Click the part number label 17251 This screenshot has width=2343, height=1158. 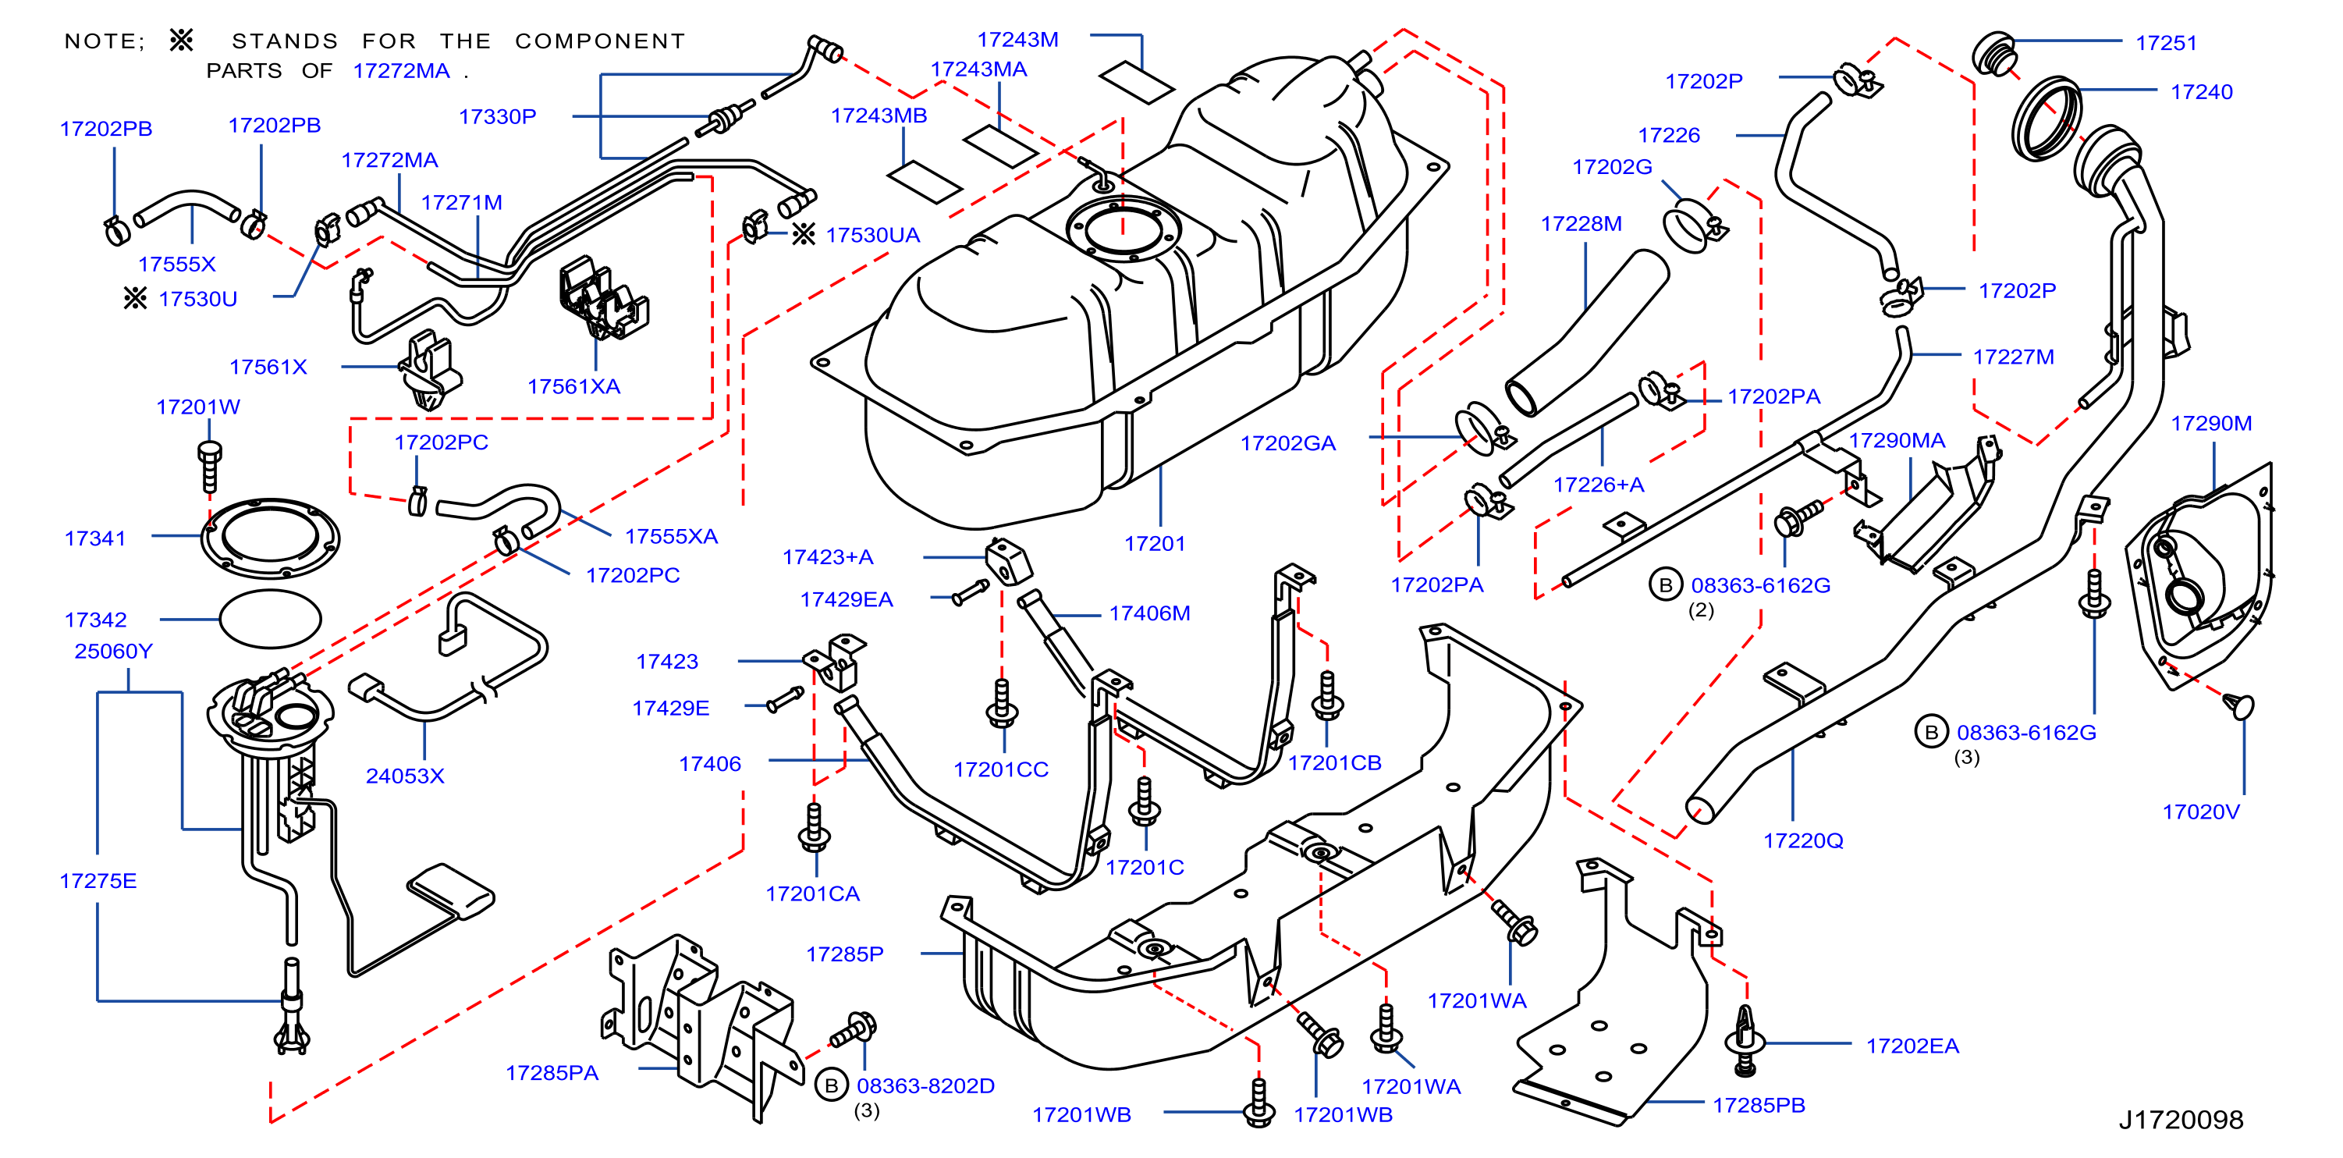(x=2166, y=43)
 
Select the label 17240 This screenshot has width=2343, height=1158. (x=2201, y=92)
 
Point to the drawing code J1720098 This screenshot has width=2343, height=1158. (x=2180, y=1120)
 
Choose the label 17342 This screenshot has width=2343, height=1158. (x=95, y=620)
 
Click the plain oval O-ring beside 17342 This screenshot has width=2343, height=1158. (x=270, y=619)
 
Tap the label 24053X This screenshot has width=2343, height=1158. (x=405, y=776)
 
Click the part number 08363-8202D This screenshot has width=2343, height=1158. (x=925, y=1086)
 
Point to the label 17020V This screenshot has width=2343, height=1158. (x=2200, y=812)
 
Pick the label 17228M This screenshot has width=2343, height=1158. (x=1581, y=224)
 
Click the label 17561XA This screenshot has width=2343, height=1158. (x=574, y=386)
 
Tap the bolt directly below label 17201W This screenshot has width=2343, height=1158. (x=209, y=465)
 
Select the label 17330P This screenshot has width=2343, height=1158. (x=498, y=117)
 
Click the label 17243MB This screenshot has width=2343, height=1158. (x=879, y=116)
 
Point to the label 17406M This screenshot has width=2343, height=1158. (x=1150, y=614)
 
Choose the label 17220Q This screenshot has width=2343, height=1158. (x=1803, y=841)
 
